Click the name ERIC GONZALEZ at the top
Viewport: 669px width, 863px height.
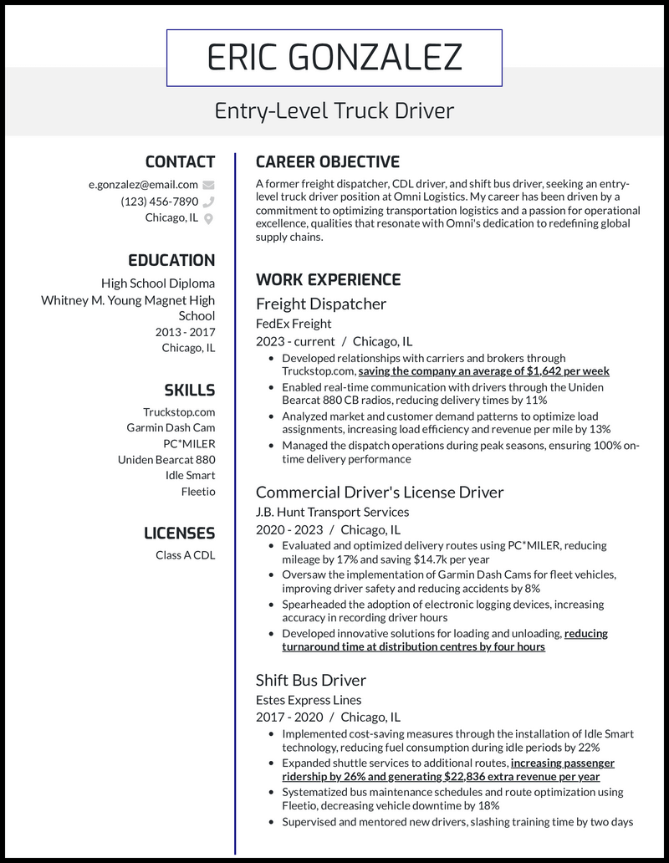[x=334, y=58]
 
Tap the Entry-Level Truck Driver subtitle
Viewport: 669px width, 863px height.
[x=334, y=110]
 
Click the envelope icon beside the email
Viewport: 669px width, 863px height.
[x=208, y=185]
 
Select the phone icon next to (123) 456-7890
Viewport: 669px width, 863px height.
[x=208, y=202]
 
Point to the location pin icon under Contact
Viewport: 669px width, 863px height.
[x=208, y=218]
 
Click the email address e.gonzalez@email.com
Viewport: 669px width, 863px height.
[x=143, y=185]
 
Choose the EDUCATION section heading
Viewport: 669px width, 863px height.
[x=171, y=260]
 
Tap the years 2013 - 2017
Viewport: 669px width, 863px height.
[x=185, y=332]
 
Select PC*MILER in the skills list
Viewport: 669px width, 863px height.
[x=189, y=443]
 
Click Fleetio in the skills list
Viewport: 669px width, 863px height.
[x=198, y=492]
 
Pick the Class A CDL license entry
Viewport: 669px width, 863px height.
[x=185, y=554]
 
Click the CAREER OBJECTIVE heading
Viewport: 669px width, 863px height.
[x=328, y=162]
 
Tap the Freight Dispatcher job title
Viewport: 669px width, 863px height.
[x=321, y=304]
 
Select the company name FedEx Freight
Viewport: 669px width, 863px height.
[x=294, y=324]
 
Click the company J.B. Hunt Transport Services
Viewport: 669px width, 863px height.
[x=332, y=512]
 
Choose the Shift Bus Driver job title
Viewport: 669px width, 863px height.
[x=311, y=680]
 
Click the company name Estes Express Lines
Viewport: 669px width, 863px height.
[x=309, y=700]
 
